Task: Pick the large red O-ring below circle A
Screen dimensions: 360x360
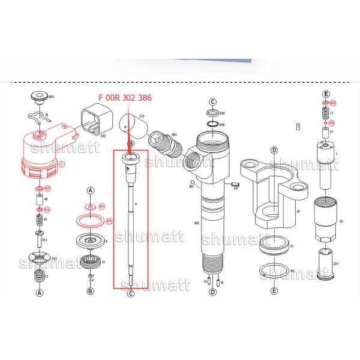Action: coord(90,221)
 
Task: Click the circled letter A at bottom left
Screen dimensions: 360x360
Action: coord(40,293)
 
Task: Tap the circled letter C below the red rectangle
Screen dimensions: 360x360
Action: coord(130,293)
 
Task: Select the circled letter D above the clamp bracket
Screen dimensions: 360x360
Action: coord(273,150)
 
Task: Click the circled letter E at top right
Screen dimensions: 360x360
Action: coord(326,94)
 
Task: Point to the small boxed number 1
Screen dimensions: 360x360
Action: coord(298,126)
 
